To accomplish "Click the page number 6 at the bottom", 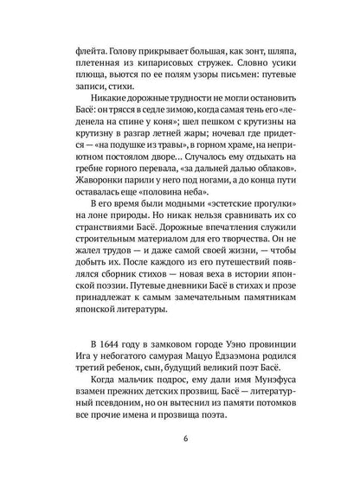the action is pos(180,438).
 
